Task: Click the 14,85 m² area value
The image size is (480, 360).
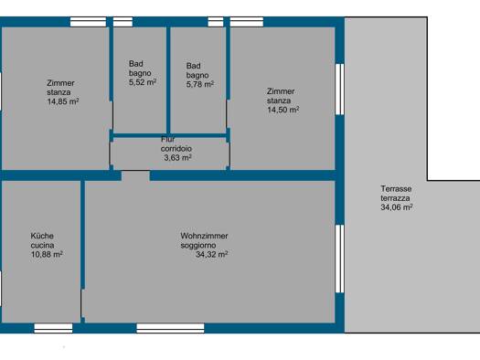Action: [63, 101]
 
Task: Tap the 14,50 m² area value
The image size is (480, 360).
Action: [283, 110]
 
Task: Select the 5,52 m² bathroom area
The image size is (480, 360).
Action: [143, 82]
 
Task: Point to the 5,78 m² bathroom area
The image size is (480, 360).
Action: [200, 84]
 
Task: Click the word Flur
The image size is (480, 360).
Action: [167, 139]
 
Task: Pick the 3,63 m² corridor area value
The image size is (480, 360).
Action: [177, 158]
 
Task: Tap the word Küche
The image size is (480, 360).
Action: [42, 236]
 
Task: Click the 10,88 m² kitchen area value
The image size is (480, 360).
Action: [47, 254]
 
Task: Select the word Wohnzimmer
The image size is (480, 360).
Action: [204, 236]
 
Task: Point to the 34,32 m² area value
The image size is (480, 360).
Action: [212, 254]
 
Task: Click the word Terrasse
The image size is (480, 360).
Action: [396, 189]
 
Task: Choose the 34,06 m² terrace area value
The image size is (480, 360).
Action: [397, 207]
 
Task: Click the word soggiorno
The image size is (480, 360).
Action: [198, 245]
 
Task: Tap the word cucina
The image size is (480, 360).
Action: [42, 245]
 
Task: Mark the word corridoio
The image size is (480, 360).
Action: [176, 149]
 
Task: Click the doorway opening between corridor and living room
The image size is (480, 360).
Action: [135, 175]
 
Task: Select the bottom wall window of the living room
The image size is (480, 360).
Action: [170, 328]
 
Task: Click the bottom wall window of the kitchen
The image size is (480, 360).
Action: [53, 328]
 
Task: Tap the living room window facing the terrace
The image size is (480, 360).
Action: [340, 259]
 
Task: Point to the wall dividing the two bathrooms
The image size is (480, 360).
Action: [168, 80]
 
